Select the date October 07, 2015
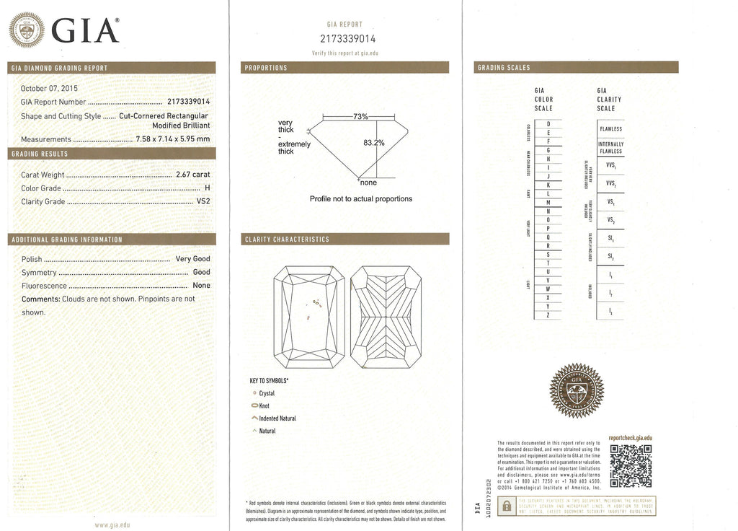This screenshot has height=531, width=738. (48, 89)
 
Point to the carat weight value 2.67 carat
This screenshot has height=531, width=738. (192, 175)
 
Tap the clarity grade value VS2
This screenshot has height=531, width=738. (203, 202)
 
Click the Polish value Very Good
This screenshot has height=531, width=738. (192, 258)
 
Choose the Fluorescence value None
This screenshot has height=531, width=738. (201, 286)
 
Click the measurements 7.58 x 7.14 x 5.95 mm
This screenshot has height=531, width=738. (173, 139)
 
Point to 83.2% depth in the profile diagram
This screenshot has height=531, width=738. (375, 143)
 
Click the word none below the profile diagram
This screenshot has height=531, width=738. (368, 183)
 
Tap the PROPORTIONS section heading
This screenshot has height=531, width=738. (267, 68)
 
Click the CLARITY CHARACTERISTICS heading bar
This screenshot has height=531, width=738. (347, 240)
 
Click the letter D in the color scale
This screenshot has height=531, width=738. (549, 124)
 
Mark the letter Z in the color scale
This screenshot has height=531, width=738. (549, 315)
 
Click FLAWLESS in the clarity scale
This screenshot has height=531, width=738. (610, 129)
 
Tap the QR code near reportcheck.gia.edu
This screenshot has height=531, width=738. (631, 465)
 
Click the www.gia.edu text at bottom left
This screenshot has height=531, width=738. (112, 525)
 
